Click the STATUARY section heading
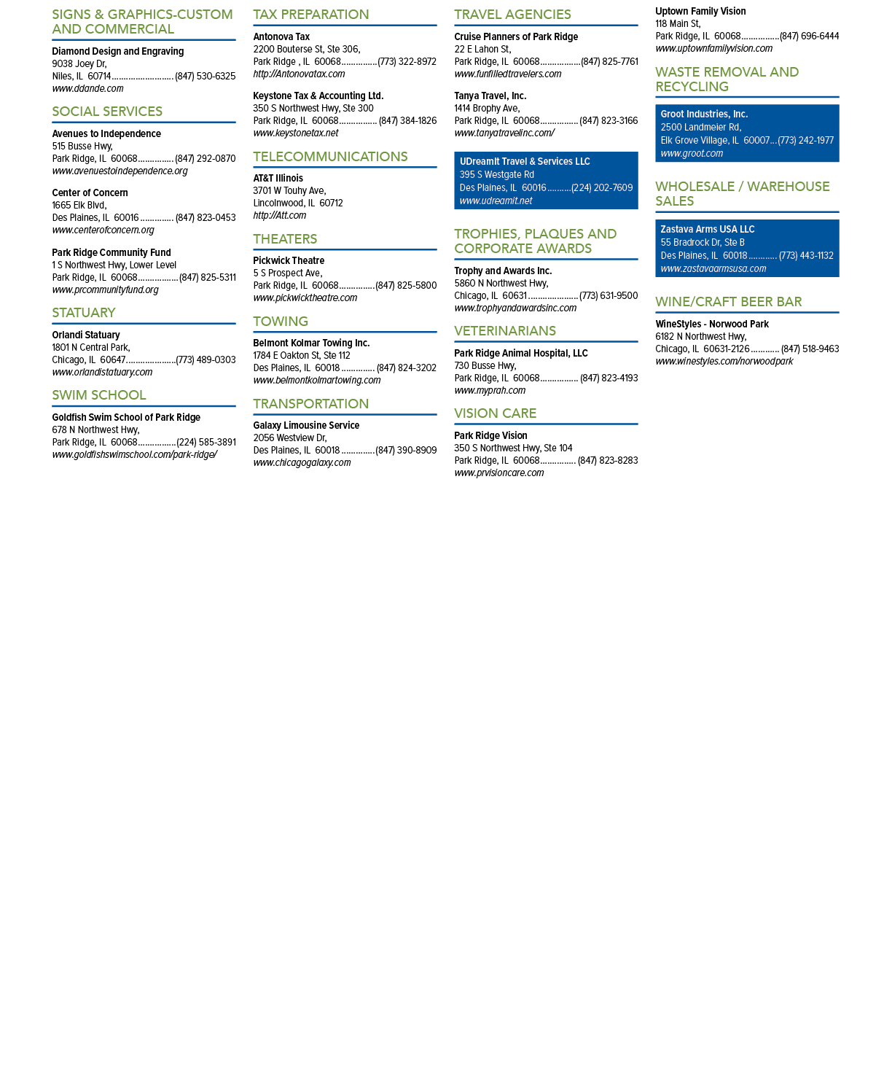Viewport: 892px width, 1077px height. [x=84, y=313]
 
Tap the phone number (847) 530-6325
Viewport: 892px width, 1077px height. [x=206, y=77]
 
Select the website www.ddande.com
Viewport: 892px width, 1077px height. [x=87, y=89]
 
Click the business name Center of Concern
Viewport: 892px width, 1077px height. [x=90, y=193]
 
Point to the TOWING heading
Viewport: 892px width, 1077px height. [x=281, y=322]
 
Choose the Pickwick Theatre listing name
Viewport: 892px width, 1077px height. [x=289, y=260]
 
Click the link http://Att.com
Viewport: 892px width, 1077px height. [x=279, y=216]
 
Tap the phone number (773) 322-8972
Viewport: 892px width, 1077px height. [x=407, y=62]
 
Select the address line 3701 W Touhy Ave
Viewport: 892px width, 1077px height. [x=290, y=191]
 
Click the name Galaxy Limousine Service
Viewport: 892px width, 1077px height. [x=306, y=426]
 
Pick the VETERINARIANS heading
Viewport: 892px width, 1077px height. [x=505, y=331]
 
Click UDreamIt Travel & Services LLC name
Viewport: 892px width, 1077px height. [x=525, y=161]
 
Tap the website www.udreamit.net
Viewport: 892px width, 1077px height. [x=496, y=201]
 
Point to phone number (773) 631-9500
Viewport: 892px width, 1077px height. [x=609, y=296]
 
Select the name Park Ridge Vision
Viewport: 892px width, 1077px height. [x=491, y=436]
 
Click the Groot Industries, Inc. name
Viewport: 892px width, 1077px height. [x=704, y=114]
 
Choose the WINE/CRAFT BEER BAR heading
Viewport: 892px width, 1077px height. [x=729, y=302]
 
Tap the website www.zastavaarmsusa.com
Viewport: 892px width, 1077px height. [x=713, y=269]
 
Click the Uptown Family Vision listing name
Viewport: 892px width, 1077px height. [x=701, y=12]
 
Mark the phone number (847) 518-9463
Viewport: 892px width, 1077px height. [x=810, y=349]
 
